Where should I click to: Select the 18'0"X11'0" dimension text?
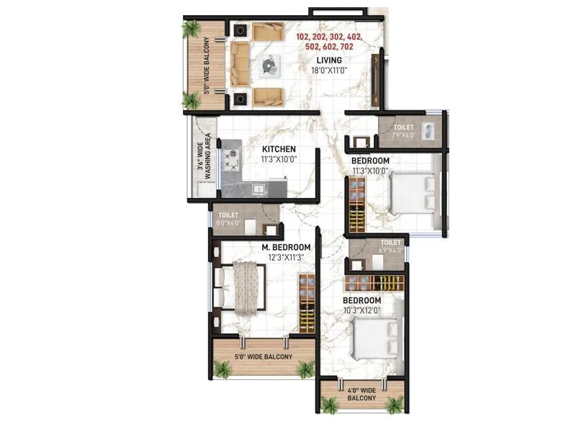[x=328, y=71]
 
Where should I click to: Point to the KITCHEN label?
[x=279, y=149]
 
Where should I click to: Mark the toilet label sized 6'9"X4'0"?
[x=390, y=246]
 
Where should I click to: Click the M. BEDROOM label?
[x=285, y=248]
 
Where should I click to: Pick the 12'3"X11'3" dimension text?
[x=285, y=258]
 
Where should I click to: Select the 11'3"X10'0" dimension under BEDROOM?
[x=370, y=171]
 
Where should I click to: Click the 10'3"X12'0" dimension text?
[x=361, y=310]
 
